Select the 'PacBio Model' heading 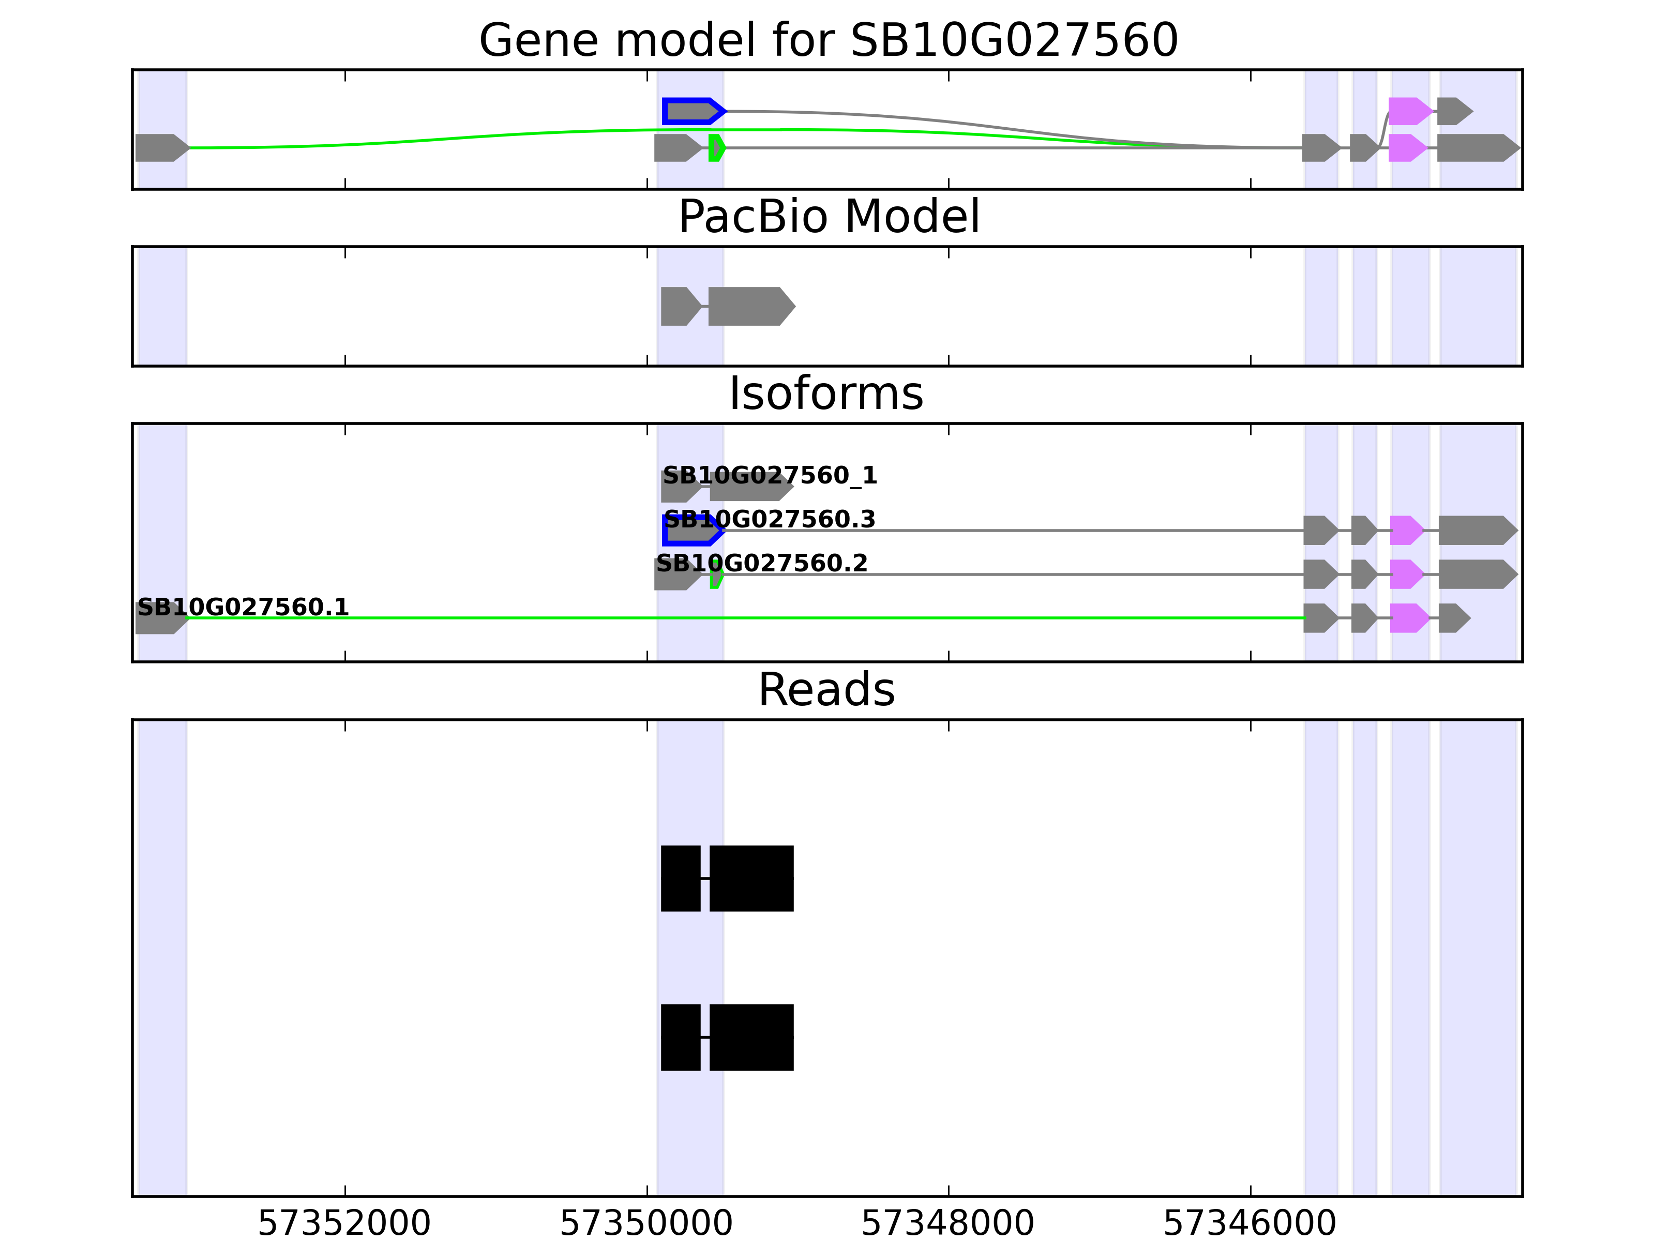pos(828,217)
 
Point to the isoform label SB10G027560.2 pos(762,563)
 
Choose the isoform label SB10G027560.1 pos(243,607)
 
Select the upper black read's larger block pos(751,878)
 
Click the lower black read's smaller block pos(680,1037)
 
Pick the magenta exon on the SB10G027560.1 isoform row pos(1408,618)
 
